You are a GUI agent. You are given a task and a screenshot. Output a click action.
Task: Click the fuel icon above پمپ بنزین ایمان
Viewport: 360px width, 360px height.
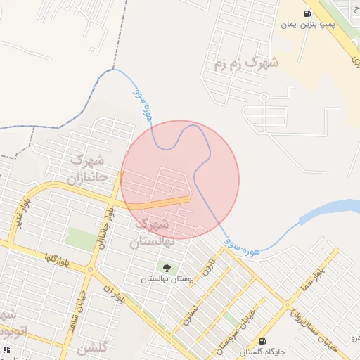[x=307, y=13]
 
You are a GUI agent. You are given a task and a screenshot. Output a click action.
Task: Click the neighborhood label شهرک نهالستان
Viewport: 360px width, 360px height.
[x=150, y=233]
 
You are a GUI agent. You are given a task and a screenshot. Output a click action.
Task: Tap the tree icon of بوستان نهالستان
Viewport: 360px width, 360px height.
[x=167, y=268]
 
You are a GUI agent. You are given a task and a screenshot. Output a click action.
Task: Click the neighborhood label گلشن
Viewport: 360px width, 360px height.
[x=92, y=349]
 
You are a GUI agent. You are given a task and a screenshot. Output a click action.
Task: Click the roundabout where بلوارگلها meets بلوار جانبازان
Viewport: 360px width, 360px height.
[x=91, y=269]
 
